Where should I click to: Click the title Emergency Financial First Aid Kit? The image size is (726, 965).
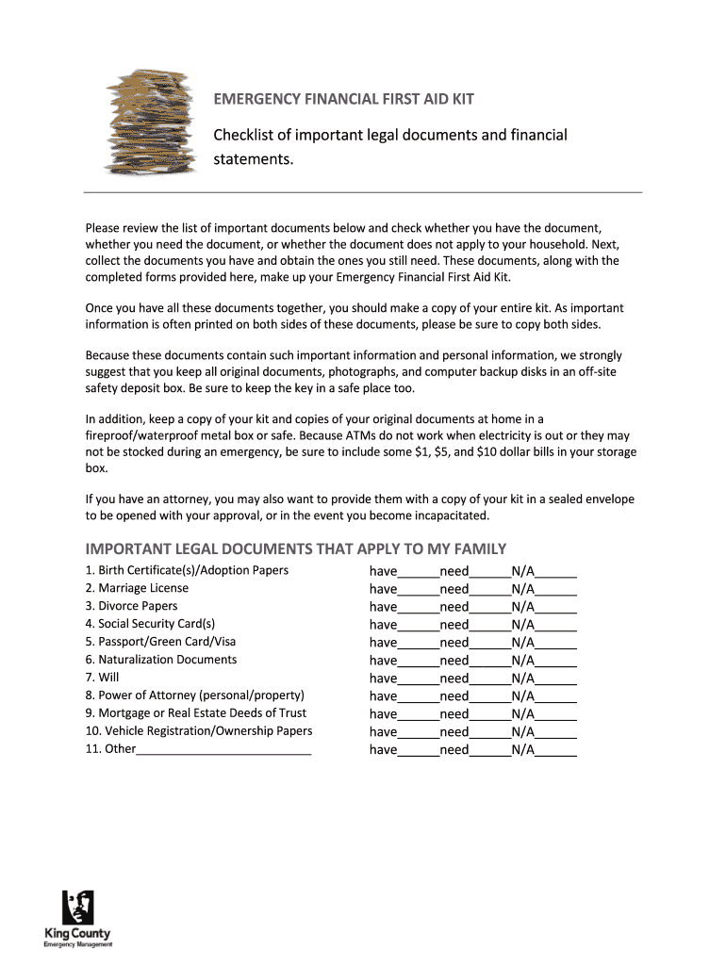tap(342, 100)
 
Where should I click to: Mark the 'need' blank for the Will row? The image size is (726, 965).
tap(489, 679)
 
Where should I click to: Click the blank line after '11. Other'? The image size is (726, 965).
tap(223, 750)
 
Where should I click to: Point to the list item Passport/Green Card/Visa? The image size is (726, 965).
tap(160, 642)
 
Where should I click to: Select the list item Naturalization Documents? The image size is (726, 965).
tap(160, 660)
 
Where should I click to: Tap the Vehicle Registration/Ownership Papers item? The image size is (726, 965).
tap(198, 731)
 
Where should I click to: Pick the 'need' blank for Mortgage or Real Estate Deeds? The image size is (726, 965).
tap(489, 715)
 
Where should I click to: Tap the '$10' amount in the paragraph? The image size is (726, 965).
tap(481, 451)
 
